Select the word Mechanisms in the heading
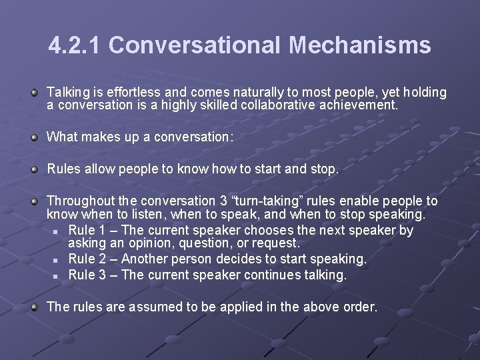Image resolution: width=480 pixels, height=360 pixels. [360, 45]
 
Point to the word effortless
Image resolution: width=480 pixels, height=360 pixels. [127, 93]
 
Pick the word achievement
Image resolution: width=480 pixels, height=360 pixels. [364, 105]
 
